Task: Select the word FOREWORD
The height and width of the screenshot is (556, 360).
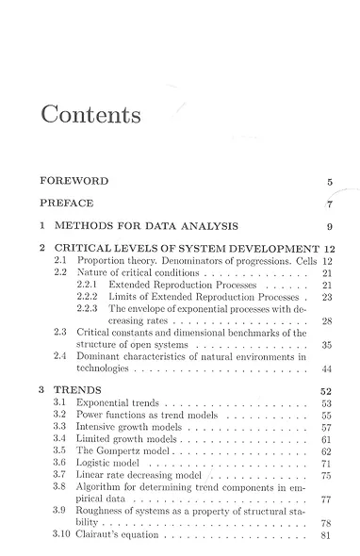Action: [x=74, y=180]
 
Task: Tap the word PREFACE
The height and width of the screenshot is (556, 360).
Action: [x=69, y=203]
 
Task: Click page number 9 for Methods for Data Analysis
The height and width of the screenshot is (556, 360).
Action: [x=329, y=226]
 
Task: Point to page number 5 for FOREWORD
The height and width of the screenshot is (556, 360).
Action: [x=329, y=181]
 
